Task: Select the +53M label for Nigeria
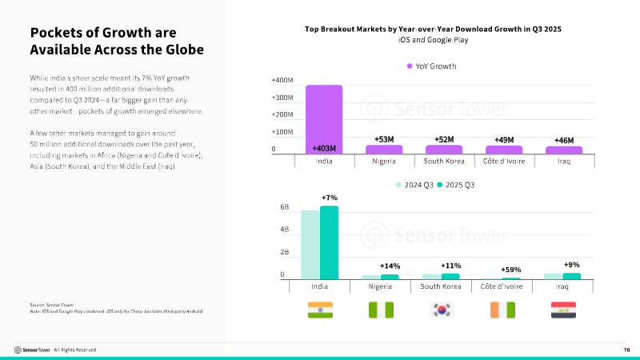(384, 140)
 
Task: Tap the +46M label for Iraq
(564, 141)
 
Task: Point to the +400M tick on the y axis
(282, 81)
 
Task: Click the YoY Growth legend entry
(431, 66)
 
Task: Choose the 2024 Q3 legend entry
(414, 185)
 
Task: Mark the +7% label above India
(329, 198)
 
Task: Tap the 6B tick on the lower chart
(284, 207)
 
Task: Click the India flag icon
(320, 310)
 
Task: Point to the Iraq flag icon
(563, 310)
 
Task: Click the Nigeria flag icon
(380, 310)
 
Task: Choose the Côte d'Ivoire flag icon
(503, 310)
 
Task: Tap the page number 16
(626, 350)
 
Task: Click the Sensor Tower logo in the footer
(32, 350)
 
